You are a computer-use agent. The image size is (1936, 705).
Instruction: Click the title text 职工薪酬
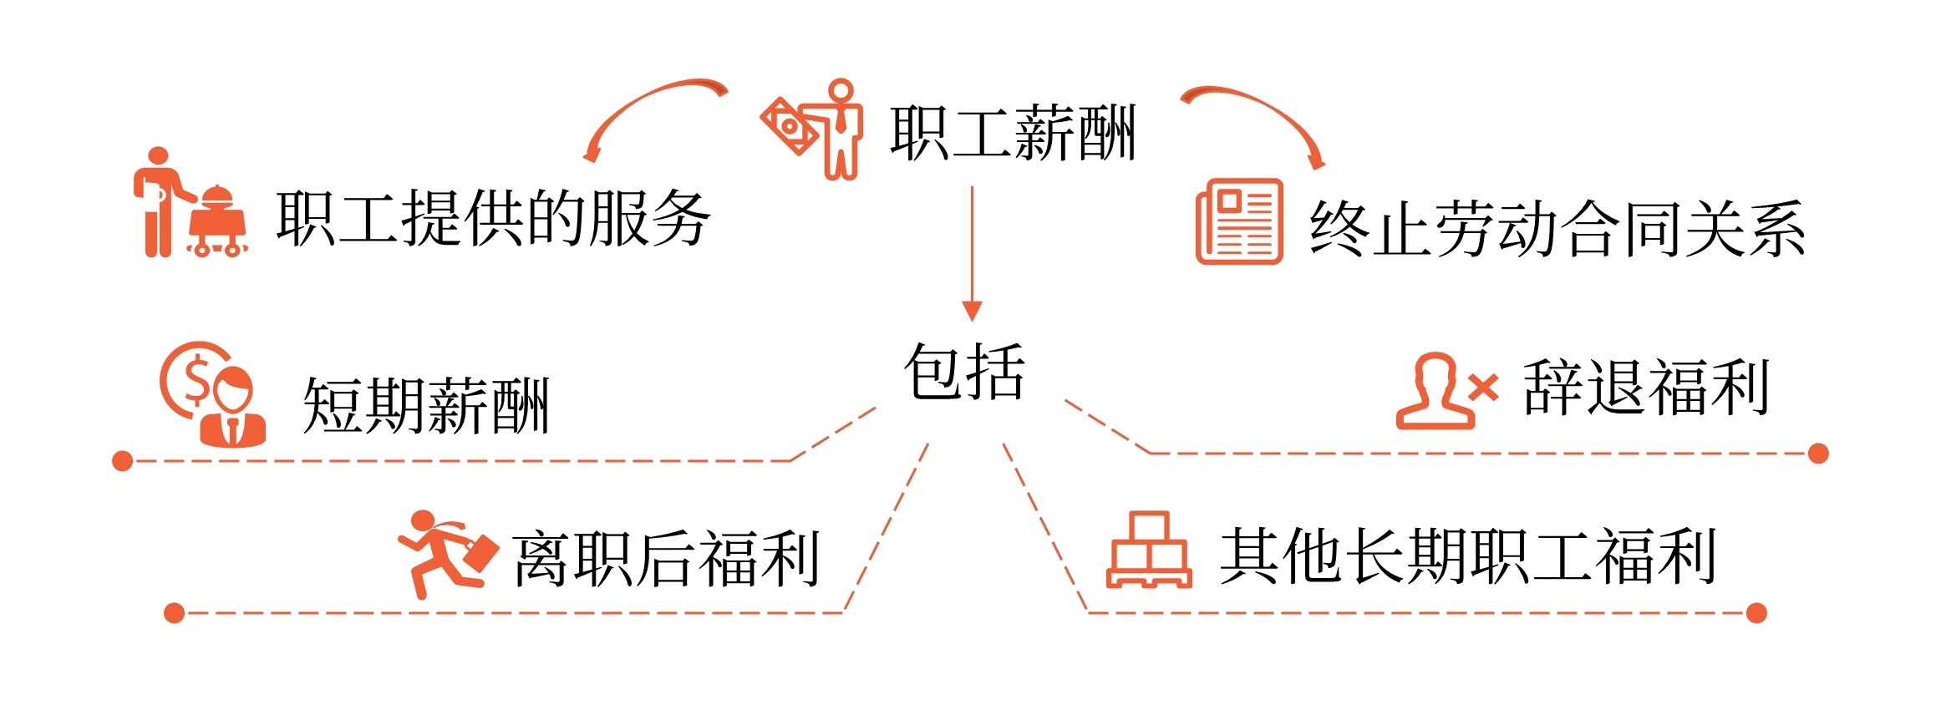tap(1013, 132)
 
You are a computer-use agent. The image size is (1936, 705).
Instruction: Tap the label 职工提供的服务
tap(493, 218)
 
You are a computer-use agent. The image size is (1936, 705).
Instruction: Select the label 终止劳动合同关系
tap(1557, 228)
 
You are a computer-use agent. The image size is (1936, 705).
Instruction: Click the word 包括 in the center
tap(964, 372)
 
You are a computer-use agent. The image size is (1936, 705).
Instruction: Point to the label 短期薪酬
tap(425, 406)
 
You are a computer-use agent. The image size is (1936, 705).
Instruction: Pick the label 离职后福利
tap(666, 559)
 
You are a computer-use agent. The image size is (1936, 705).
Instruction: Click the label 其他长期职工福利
tap(1468, 556)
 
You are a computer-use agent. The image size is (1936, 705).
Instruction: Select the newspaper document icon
tap(1239, 221)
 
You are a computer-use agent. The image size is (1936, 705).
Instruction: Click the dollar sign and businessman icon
tap(214, 394)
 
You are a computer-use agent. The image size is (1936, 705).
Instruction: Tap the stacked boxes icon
tap(1149, 551)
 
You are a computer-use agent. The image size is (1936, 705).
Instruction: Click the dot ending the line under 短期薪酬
tap(123, 461)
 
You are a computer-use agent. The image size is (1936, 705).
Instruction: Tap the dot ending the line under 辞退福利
tap(1818, 454)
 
